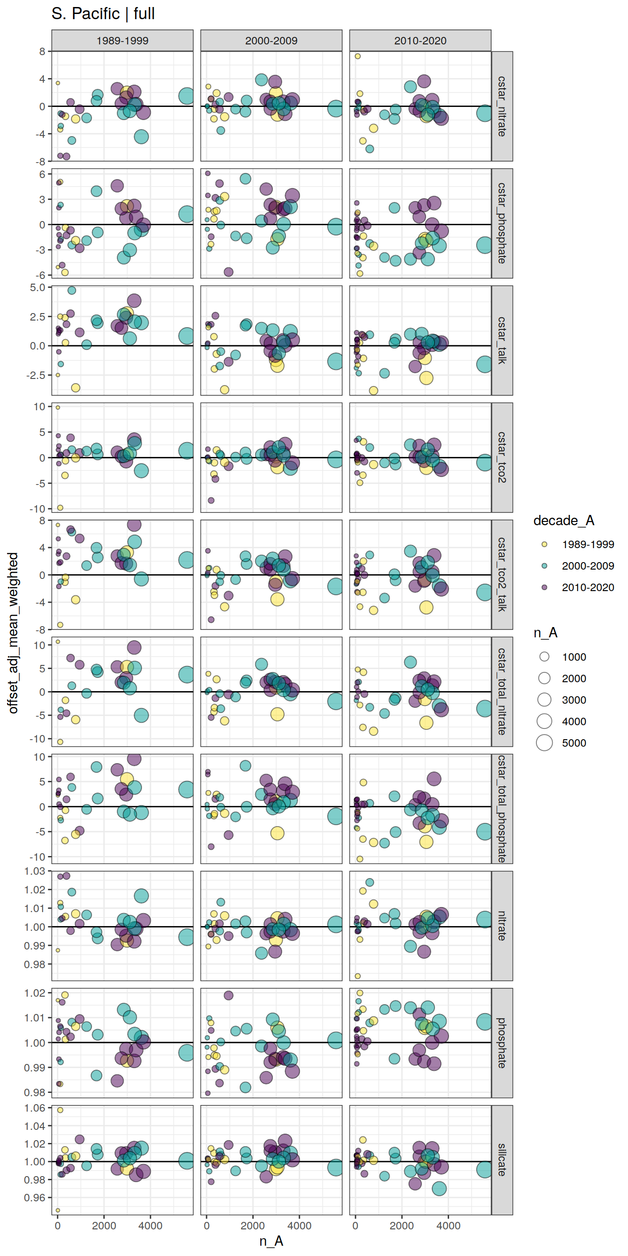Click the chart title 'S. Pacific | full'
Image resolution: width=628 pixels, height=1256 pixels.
tap(103, 14)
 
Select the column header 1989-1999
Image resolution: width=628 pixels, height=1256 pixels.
tap(122, 41)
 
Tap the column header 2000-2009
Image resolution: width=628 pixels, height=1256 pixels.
tap(271, 41)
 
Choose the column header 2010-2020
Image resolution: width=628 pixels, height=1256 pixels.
tap(420, 41)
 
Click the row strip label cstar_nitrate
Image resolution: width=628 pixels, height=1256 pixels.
tap(502, 106)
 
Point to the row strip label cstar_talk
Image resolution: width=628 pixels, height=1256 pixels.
tap(502, 340)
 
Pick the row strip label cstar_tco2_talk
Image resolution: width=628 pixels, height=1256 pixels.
tap(502, 574)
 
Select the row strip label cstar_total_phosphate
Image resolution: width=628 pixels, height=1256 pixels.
tap(502, 808)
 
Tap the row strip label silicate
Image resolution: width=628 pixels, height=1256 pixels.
tap(502, 1160)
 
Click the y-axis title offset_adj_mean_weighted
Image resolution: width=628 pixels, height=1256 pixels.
tap(13, 633)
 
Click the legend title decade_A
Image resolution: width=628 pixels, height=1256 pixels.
tap(564, 521)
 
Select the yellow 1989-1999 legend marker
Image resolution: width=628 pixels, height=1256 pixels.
tap(545, 544)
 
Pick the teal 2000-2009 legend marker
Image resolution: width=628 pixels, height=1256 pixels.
tap(545, 565)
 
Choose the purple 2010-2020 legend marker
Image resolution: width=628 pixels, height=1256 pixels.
tap(545, 587)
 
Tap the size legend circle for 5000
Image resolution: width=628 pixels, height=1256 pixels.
tap(545, 742)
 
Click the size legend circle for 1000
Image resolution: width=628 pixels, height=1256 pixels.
tap(545, 657)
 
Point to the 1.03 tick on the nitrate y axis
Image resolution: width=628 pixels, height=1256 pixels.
tap(35, 871)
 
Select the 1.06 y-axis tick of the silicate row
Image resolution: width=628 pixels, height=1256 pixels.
tap(35, 1108)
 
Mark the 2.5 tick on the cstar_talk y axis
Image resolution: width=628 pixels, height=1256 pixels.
tap(37, 317)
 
